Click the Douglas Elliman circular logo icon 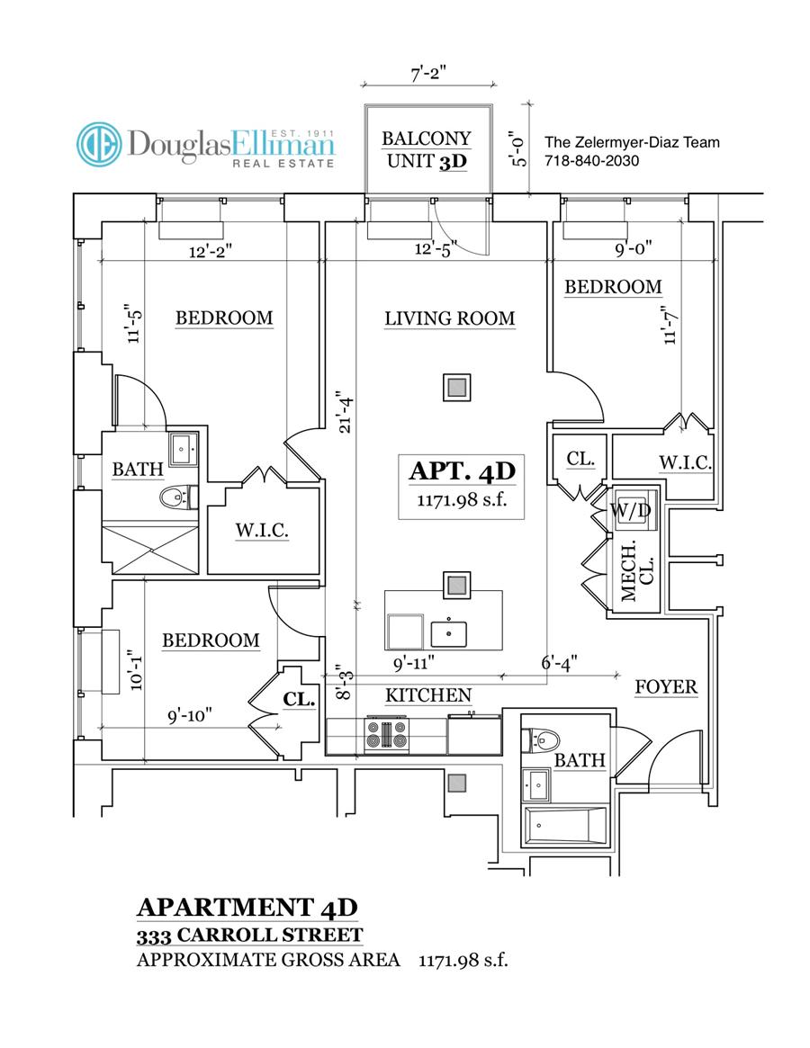click(99, 144)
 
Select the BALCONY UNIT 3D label click(427, 150)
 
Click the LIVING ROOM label click(449, 318)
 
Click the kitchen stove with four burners click(385, 735)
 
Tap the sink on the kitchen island click(448, 632)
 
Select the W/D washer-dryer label click(630, 510)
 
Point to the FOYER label click(666, 687)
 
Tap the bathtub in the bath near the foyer click(565, 825)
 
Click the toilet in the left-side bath click(175, 496)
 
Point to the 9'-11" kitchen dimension click(415, 663)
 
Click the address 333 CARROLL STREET click(249, 935)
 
